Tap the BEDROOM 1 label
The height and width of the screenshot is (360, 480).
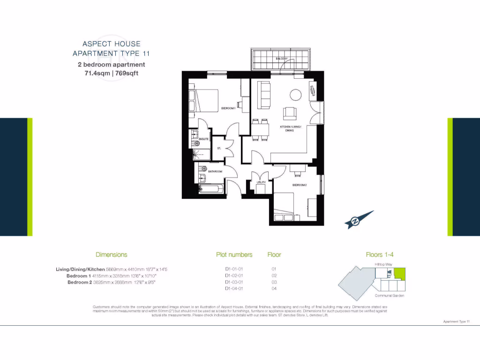pos(228,109)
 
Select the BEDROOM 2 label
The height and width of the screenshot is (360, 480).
pos(300,185)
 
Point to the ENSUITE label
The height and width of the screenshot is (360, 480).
pos(203,139)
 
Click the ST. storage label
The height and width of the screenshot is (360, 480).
pos(219,149)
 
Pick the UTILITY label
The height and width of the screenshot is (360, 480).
pos(261,182)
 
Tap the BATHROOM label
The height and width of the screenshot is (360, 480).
pos(215,172)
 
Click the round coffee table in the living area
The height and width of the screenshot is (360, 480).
pos(296,94)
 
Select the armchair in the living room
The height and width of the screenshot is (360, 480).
pos(290,113)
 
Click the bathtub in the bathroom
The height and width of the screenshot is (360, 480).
pos(211,189)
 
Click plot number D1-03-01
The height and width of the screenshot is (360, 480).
pos(234,282)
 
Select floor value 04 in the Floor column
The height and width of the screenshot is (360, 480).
pos(274,289)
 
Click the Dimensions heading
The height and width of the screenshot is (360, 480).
pos(111,255)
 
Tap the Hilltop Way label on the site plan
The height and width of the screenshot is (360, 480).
pos(383,265)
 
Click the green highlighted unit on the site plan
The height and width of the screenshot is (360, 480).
pos(399,272)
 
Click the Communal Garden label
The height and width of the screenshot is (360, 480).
pos(390,296)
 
